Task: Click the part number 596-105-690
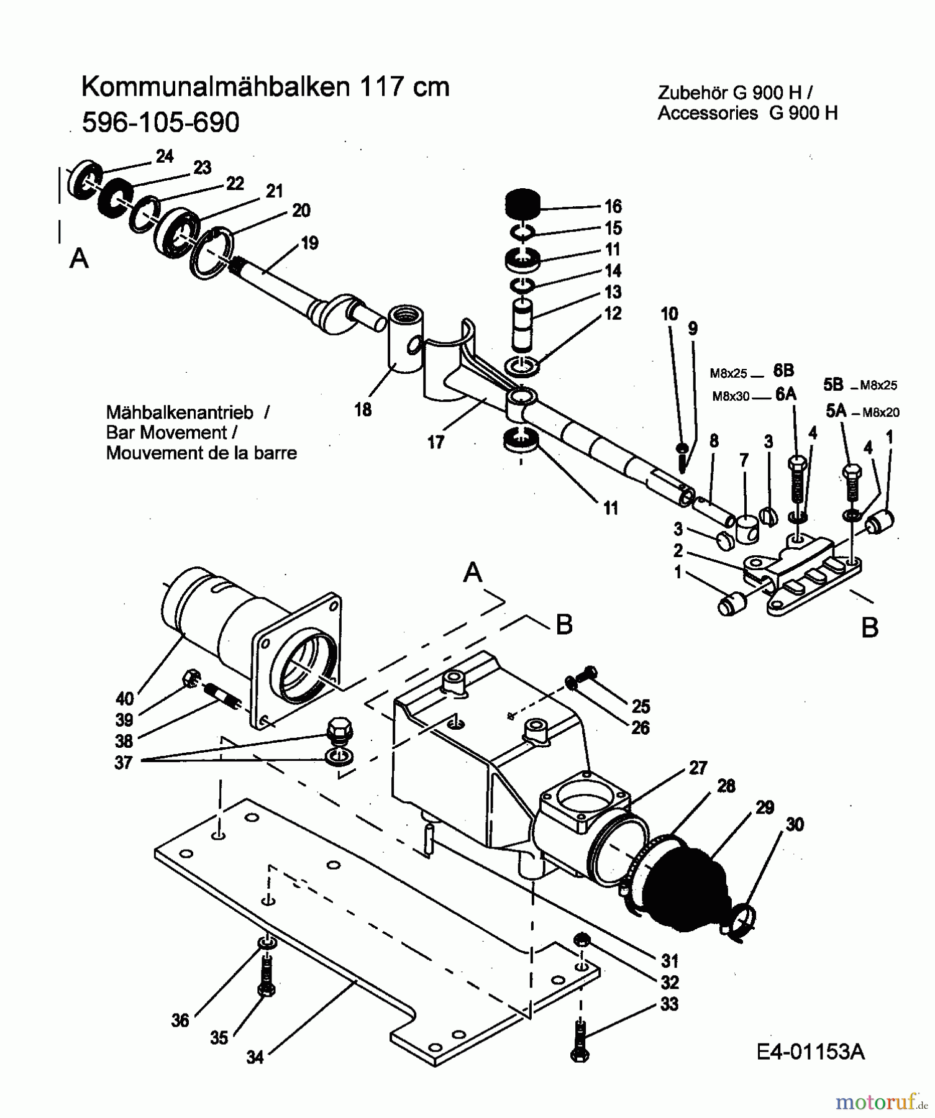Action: (x=160, y=123)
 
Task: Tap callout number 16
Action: (x=613, y=206)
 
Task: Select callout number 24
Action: (x=164, y=157)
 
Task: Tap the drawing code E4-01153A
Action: (x=811, y=1052)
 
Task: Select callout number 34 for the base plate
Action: (x=255, y=1057)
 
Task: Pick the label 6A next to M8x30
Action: (x=786, y=394)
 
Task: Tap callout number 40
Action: (x=124, y=699)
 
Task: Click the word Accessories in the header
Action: (x=707, y=113)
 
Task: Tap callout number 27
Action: (x=698, y=768)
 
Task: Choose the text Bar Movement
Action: (x=166, y=432)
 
